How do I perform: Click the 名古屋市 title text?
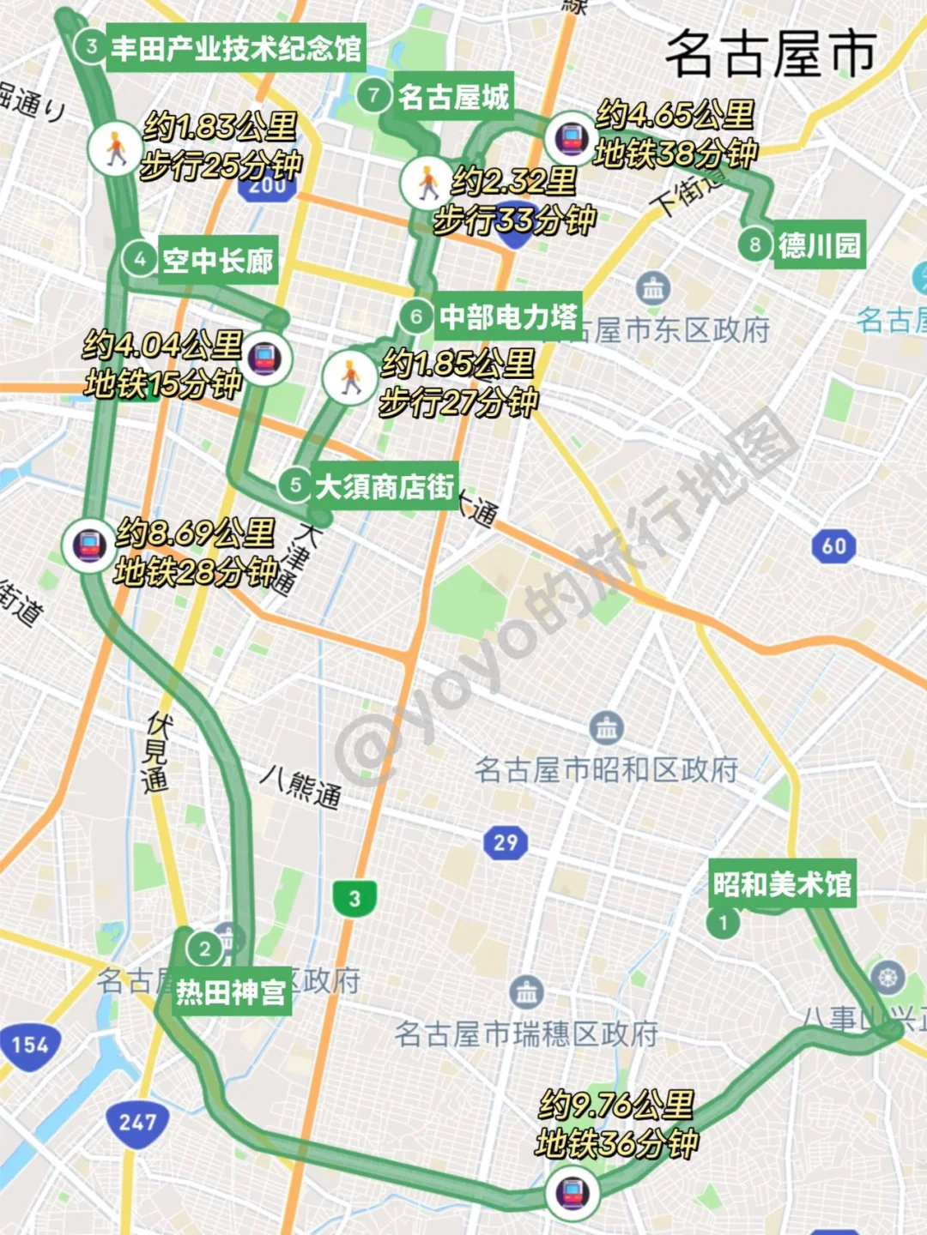(x=770, y=53)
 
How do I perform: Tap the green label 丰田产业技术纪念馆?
(x=236, y=48)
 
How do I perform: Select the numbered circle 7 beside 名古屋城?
(x=373, y=94)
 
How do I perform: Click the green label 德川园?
(x=819, y=246)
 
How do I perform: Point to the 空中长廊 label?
(x=218, y=260)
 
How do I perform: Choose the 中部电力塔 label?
(x=508, y=317)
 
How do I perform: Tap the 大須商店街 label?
(x=385, y=487)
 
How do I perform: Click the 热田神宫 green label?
(x=231, y=992)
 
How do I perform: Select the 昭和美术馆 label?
(x=782, y=884)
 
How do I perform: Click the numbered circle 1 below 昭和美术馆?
(x=724, y=923)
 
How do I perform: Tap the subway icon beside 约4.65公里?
(x=571, y=137)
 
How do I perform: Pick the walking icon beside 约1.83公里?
(x=114, y=148)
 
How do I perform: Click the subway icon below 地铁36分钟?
(x=572, y=1192)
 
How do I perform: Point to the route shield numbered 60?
(x=833, y=546)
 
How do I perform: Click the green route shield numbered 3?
(x=354, y=898)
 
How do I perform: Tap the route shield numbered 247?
(x=137, y=1122)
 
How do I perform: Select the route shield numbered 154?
(x=30, y=1045)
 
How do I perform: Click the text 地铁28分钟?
(x=197, y=571)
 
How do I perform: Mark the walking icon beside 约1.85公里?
(x=349, y=377)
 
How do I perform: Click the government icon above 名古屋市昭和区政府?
(x=607, y=728)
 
